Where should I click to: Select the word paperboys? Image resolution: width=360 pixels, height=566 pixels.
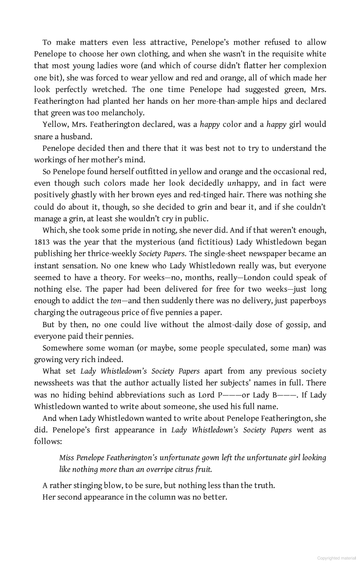point(308,301)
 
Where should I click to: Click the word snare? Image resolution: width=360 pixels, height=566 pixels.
point(42,137)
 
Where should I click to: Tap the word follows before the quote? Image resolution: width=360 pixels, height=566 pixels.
point(47,442)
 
